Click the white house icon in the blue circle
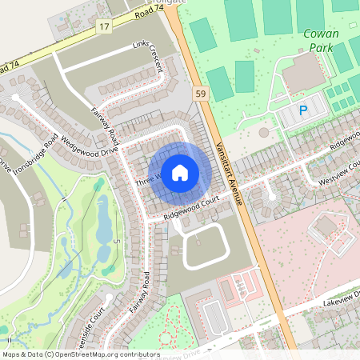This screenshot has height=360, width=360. point(180,172)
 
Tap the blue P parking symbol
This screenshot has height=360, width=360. point(302,111)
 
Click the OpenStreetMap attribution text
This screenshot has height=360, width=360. point(79,354)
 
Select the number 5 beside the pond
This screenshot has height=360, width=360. point(116,241)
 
